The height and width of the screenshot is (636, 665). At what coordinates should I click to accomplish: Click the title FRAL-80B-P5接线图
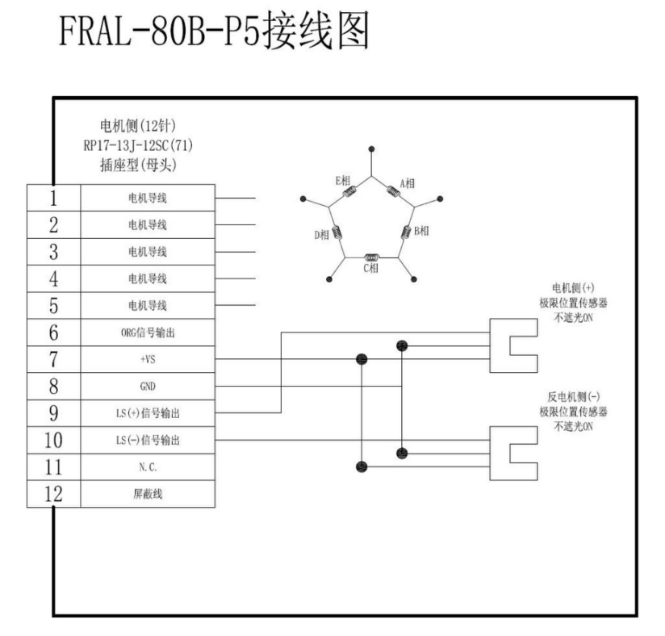coord(211,35)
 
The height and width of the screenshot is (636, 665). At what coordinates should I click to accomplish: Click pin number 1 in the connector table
coord(53,197)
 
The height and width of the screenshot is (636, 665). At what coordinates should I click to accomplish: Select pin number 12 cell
coord(53,494)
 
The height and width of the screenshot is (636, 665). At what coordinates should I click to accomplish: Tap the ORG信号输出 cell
coord(148,333)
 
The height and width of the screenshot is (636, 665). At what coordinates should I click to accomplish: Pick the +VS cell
coord(148,360)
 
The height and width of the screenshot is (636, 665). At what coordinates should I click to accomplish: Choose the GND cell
coord(148,387)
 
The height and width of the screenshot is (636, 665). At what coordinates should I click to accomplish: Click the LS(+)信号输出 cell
coord(148,414)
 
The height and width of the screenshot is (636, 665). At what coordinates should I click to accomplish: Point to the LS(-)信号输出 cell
coord(148,441)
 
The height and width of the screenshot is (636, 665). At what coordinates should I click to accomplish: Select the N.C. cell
coord(148,468)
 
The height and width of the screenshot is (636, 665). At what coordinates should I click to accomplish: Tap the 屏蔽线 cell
coord(148,495)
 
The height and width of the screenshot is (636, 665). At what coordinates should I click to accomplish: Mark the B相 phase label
coord(421,231)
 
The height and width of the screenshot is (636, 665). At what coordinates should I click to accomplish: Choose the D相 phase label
coord(321,235)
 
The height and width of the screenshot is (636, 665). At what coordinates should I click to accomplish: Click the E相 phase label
coord(343,181)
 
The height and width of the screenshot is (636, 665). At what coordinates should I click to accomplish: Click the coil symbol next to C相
coord(371,257)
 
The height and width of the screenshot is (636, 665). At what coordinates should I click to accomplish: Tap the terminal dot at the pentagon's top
coord(371,149)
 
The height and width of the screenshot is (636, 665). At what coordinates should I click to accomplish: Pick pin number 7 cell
coord(53,360)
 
